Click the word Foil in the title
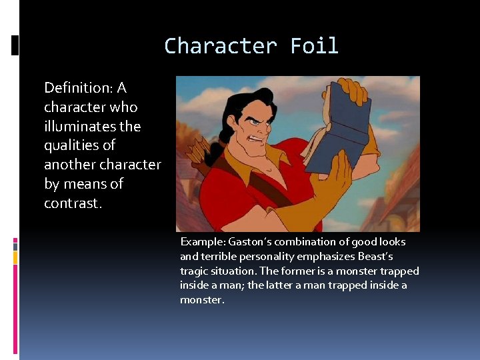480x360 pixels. [314, 46]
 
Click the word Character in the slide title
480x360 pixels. [221, 46]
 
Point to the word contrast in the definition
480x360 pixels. [71, 203]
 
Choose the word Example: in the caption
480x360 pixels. [203, 242]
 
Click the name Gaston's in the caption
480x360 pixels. [251, 242]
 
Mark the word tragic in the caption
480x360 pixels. [193, 271]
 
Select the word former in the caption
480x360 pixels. [313, 271]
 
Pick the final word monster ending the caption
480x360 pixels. [201, 301]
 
